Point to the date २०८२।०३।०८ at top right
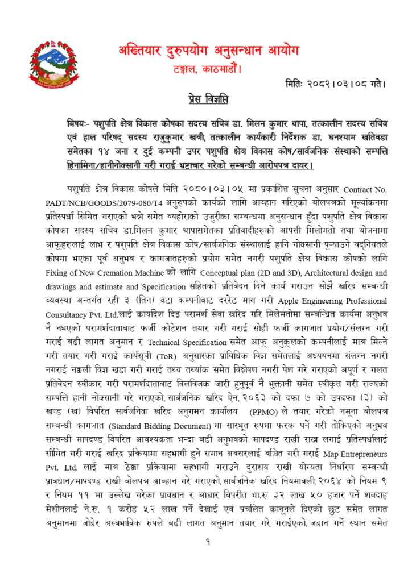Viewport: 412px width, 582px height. (x=349, y=85)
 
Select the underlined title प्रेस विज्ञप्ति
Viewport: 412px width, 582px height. (x=208, y=101)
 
